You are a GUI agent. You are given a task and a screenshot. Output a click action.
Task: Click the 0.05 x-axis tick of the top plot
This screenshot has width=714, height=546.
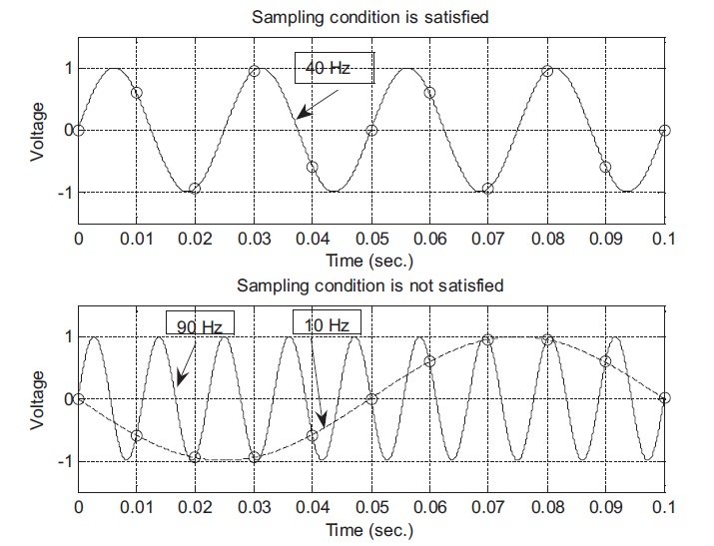pos(371,241)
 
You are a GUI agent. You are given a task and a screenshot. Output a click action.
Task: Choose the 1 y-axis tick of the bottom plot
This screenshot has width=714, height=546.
pos(66,337)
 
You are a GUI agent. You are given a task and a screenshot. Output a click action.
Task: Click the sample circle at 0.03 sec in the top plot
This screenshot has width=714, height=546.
pos(255,71)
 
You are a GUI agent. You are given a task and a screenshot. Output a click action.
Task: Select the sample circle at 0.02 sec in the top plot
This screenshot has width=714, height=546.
pos(196,189)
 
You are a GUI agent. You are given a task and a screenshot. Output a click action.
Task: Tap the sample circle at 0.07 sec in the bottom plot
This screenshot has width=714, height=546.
pos(488,340)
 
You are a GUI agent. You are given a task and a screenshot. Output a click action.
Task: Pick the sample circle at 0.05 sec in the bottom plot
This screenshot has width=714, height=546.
pos(371,399)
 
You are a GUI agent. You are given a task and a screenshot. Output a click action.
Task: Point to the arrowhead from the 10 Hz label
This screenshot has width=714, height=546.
pos(321,424)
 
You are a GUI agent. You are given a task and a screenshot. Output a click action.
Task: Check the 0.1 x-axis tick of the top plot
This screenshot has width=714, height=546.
pos(664,241)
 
